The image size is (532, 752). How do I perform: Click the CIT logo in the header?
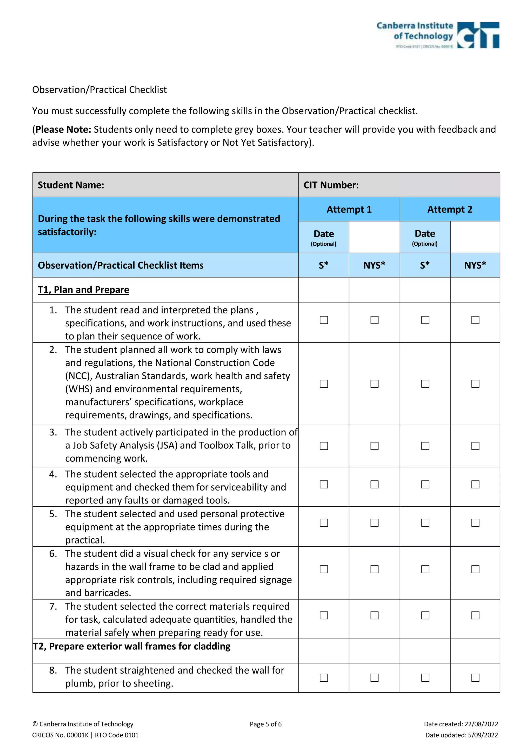point(478,35)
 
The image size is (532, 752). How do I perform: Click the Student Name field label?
point(71,185)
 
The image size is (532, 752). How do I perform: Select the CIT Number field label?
point(331,185)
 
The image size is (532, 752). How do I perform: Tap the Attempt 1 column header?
point(349,209)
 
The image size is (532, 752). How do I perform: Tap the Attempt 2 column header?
point(449,209)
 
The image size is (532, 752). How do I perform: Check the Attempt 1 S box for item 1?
point(324,320)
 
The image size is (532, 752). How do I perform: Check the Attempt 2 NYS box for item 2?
point(475,384)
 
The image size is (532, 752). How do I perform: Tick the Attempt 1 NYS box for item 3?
point(374,446)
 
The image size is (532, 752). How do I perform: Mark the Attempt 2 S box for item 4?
point(425,484)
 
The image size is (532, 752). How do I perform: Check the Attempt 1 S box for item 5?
point(324,522)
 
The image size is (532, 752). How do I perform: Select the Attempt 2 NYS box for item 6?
point(475,569)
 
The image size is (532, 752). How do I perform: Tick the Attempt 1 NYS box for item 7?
point(374,615)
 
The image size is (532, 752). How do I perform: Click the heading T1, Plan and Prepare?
point(84,290)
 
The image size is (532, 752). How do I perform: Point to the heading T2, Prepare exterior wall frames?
point(132,646)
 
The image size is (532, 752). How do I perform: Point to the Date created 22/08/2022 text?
point(461,724)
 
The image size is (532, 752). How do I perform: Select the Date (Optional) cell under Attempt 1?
point(324,237)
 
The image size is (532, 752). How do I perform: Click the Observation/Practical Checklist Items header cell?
point(121,265)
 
